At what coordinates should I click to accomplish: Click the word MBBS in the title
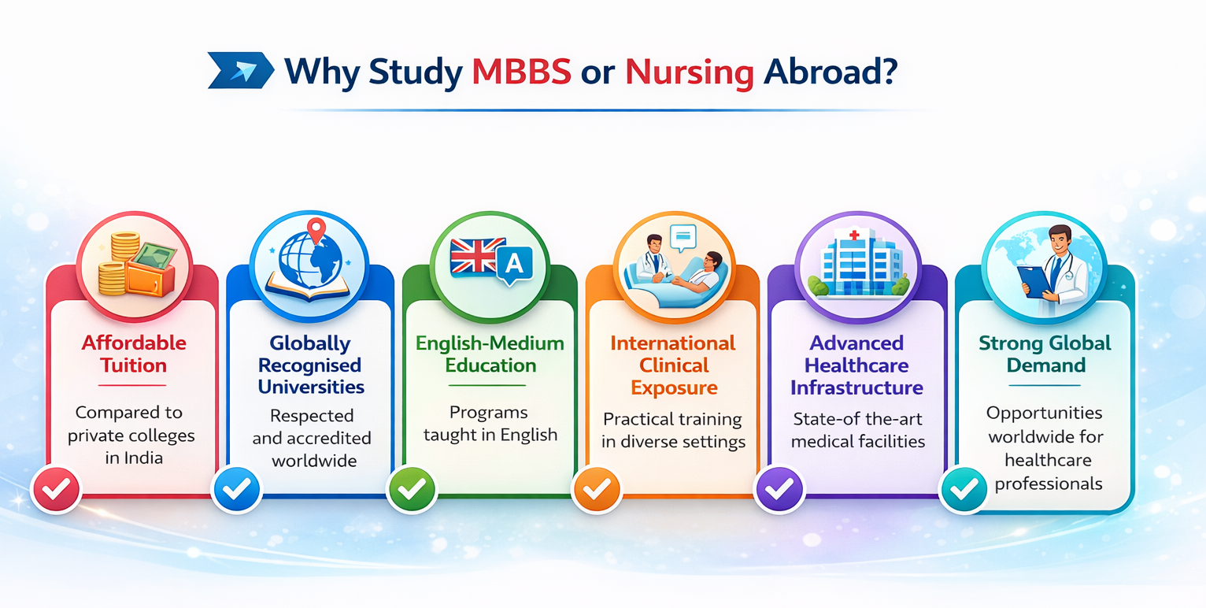click(521, 71)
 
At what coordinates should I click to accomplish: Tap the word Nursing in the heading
click(689, 72)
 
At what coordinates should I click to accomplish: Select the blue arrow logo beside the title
click(241, 70)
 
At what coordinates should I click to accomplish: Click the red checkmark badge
click(56, 489)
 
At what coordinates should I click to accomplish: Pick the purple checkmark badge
click(779, 489)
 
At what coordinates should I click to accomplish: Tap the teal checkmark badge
click(964, 489)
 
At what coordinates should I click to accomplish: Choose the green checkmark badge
click(412, 489)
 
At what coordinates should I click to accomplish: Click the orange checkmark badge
click(597, 489)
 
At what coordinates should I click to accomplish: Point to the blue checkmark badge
click(236, 489)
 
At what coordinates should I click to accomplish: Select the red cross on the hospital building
click(854, 235)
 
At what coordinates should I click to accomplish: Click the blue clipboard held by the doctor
click(1034, 281)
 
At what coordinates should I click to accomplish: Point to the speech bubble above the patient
click(683, 238)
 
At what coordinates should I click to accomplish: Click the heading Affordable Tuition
click(134, 354)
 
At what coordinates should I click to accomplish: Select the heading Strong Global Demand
click(1045, 354)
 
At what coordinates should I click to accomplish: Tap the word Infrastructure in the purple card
click(856, 387)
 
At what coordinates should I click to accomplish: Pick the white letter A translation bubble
click(515, 265)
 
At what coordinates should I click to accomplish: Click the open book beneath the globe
click(308, 288)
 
